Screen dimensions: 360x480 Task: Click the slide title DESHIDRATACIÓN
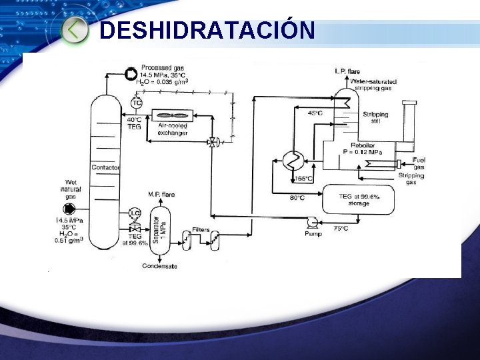207,30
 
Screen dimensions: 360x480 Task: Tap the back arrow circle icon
75,29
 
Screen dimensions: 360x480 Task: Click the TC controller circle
136,103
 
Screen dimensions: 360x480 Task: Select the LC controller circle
135,213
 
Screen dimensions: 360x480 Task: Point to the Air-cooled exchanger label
172,129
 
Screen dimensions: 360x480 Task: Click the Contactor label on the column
105,167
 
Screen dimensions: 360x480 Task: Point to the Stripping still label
375,117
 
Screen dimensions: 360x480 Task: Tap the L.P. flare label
347,71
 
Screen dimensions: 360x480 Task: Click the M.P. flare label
161,195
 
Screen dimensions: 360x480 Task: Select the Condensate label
160,267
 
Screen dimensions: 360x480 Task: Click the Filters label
201,229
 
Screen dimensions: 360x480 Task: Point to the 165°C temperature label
304,179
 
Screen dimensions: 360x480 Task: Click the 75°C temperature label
341,228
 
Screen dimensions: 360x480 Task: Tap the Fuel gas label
419,163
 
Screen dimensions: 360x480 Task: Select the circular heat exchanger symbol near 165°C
293,160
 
